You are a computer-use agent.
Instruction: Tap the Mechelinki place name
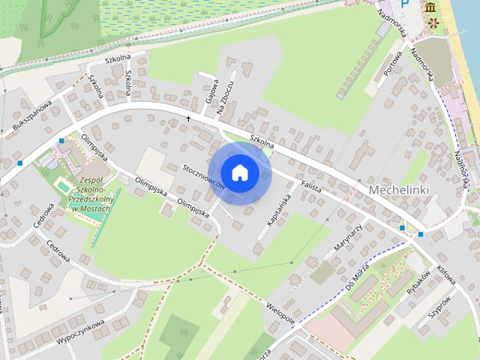(x=398, y=190)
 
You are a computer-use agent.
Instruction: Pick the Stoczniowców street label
(x=205, y=175)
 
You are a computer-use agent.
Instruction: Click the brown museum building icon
(x=430, y=7)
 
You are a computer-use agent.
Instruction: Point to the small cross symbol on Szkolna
(x=189, y=118)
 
